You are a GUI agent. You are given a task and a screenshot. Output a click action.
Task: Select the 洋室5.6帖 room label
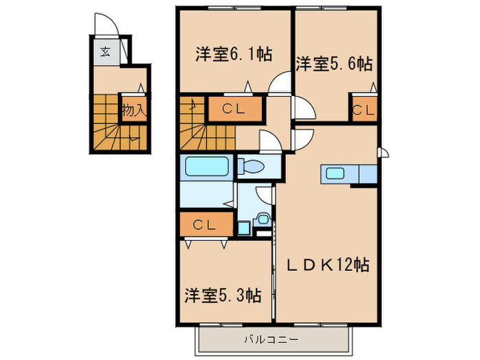(334, 64)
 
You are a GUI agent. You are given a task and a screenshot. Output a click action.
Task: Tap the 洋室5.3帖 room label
(222, 296)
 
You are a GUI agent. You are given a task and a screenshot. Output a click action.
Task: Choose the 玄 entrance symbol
(106, 51)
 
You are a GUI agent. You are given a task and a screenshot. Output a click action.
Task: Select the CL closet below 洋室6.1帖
(233, 108)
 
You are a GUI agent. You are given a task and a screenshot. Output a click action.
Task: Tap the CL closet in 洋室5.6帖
(363, 108)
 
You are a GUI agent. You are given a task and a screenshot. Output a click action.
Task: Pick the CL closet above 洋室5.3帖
(204, 224)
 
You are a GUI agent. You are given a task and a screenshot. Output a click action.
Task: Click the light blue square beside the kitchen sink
(368, 174)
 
